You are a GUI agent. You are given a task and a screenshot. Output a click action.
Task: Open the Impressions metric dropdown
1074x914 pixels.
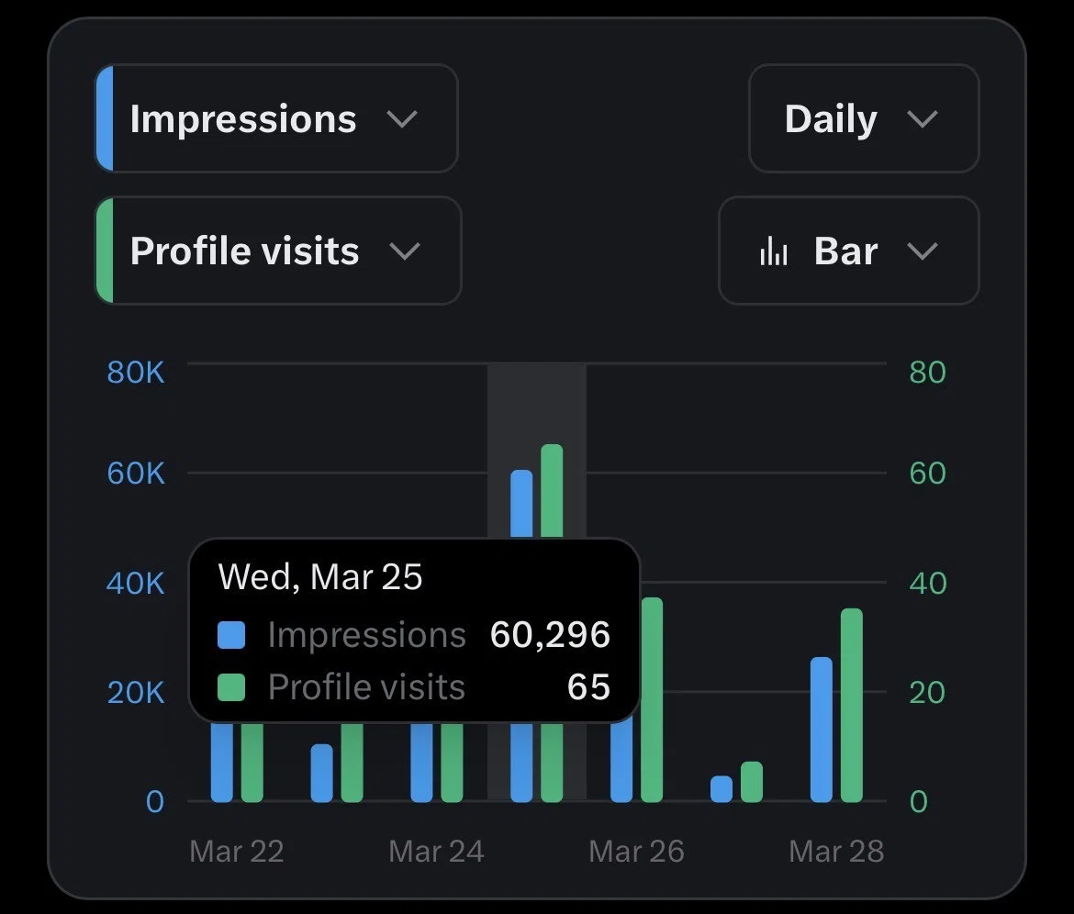[276, 118]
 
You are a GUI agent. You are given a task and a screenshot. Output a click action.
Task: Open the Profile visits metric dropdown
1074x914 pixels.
[278, 251]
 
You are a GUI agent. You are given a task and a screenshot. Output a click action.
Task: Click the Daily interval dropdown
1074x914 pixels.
[864, 118]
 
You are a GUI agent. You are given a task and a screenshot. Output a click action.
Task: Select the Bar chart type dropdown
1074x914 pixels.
[849, 251]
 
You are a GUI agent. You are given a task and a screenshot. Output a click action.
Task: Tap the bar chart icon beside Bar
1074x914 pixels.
[773, 251]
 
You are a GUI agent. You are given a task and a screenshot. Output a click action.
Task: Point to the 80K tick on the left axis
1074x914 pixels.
[136, 373]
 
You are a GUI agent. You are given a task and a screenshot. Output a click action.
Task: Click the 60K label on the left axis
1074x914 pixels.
[136, 474]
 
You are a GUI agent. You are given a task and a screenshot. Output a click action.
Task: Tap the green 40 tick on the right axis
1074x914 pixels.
[928, 584]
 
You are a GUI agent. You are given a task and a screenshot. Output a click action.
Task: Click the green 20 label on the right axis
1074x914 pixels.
[927, 693]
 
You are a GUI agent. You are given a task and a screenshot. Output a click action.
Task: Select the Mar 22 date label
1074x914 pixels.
[236, 852]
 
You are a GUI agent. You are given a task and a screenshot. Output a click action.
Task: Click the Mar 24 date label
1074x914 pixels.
[436, 852]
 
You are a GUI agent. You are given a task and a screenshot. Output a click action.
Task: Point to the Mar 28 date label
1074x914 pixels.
[836, 852]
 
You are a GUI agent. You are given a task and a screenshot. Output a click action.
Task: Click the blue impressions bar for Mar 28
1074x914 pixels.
[822, 730]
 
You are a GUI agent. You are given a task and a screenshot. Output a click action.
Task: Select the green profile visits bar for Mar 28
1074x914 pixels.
[851, 705]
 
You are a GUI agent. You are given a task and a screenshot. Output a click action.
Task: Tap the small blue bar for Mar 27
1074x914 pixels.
[722, 788]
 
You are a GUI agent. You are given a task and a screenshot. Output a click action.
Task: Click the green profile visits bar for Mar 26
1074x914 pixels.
[652, 699]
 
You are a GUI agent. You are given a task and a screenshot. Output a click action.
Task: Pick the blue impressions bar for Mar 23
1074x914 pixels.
[322, 773]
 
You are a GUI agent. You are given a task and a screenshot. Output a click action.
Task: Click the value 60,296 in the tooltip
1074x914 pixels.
[550, 635]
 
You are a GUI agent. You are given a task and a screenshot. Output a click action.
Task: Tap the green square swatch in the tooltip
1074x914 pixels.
[231, 687]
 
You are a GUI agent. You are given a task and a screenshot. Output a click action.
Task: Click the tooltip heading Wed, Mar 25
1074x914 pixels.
[319, 577]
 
